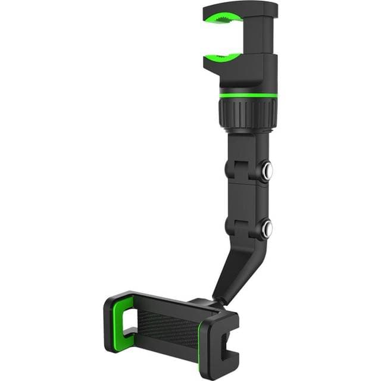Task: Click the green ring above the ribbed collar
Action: [248, 95]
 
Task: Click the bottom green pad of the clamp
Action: [224, 57]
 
